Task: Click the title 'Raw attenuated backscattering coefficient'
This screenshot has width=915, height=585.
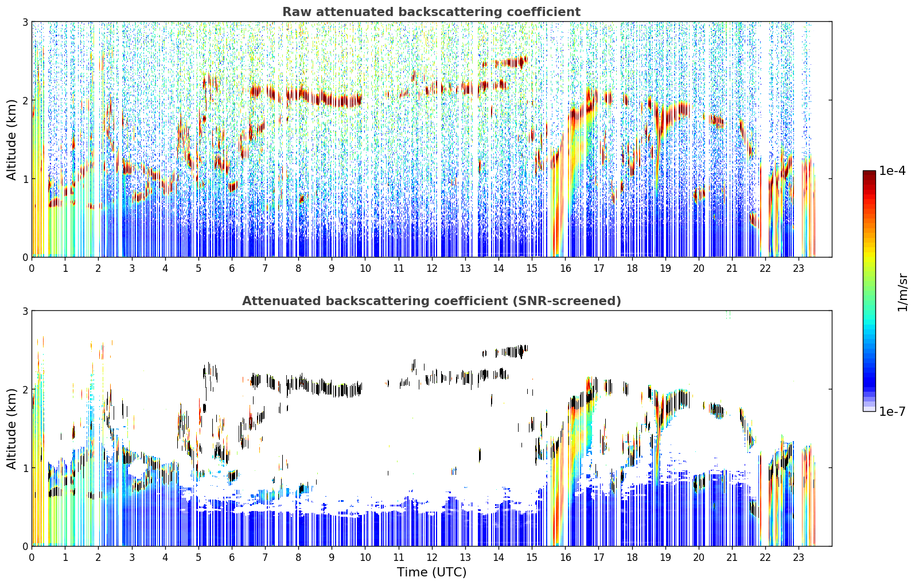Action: pos(431,12)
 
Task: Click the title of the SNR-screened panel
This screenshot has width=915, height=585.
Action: pos(431,301)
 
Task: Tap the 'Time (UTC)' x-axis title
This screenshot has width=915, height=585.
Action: pos(431,572)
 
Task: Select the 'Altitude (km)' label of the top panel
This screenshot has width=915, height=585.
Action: pos(11,140)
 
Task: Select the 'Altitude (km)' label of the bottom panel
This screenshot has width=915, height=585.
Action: pos(11,428)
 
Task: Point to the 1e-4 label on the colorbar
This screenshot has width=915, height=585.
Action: pos(892,171)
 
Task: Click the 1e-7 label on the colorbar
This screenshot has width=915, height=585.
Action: pos(892,411)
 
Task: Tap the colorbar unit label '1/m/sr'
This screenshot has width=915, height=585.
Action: pos(903,293)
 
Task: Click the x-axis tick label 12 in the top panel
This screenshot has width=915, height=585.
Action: pos(432,268)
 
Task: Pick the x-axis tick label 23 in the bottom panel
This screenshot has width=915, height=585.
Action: pos(799,557)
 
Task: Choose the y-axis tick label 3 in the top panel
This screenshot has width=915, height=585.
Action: pos(25,22)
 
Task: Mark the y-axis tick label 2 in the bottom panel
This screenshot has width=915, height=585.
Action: pos(25,389)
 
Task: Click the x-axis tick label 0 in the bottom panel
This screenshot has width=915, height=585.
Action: pos(32,557)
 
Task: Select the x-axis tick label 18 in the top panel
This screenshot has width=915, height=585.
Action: pos(632,268)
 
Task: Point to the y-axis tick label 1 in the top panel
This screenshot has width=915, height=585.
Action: pos(25,179)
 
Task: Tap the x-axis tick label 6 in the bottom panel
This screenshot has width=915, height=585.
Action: pos(232,557)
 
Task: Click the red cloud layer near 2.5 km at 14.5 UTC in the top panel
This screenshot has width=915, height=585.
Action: pos(511,63)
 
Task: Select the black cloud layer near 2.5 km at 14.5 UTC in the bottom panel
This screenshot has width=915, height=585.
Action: pos(511,352)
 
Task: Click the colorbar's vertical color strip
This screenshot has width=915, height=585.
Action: pos(869,291)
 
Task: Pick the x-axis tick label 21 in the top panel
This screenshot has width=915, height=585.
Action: pos(732,268)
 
